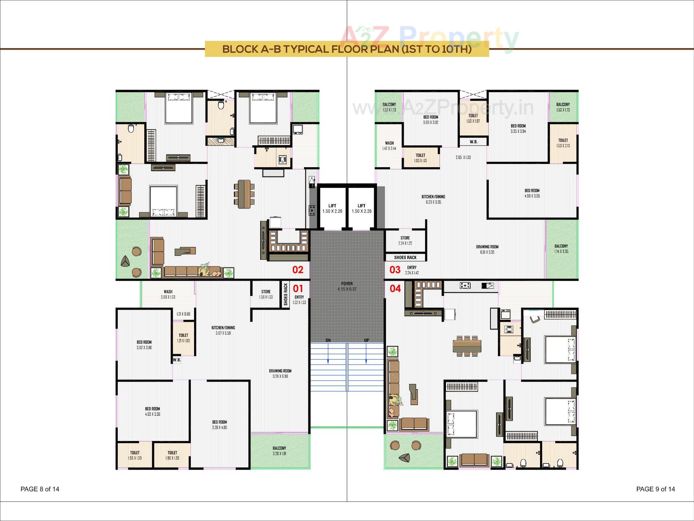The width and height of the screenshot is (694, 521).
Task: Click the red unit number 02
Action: (x=298, y=270)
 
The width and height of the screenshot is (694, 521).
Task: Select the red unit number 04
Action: (x=395, y=288)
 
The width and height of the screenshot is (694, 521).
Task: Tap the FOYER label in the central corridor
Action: (x=347, y=286)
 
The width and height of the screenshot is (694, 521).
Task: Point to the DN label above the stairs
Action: (x=328, y=340)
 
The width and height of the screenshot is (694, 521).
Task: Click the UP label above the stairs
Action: (x=367, y=340)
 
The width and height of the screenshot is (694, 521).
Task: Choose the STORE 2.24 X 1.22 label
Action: (x=405, y=241)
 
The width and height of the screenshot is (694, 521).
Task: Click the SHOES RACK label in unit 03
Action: (x=405, y=258)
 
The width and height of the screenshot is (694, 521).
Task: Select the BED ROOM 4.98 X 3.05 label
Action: (x=532, y=193)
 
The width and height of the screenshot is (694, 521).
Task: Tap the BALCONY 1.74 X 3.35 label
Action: (x=561, y=249)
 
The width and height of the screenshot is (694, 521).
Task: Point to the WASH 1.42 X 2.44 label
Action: (x=389, y=145)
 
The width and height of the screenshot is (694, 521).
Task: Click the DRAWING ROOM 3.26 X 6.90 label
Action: (x=280, y=373)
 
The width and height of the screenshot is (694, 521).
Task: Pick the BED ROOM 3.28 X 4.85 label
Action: (x=219, y=425)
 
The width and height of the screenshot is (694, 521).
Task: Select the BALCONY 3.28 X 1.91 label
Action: (x=279, y=451)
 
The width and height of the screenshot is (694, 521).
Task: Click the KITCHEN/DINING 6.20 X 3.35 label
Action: (x=433, y=199)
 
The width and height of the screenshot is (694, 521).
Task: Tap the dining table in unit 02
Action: (x=244, y=194)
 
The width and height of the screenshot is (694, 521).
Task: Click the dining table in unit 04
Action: (x=467, y=346)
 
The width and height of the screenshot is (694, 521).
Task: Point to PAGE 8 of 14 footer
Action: (x=40, y=489)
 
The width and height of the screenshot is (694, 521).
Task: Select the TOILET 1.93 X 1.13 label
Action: (x=420, y=158)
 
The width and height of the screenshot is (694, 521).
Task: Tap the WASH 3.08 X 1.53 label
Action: (x=168, y=294)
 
